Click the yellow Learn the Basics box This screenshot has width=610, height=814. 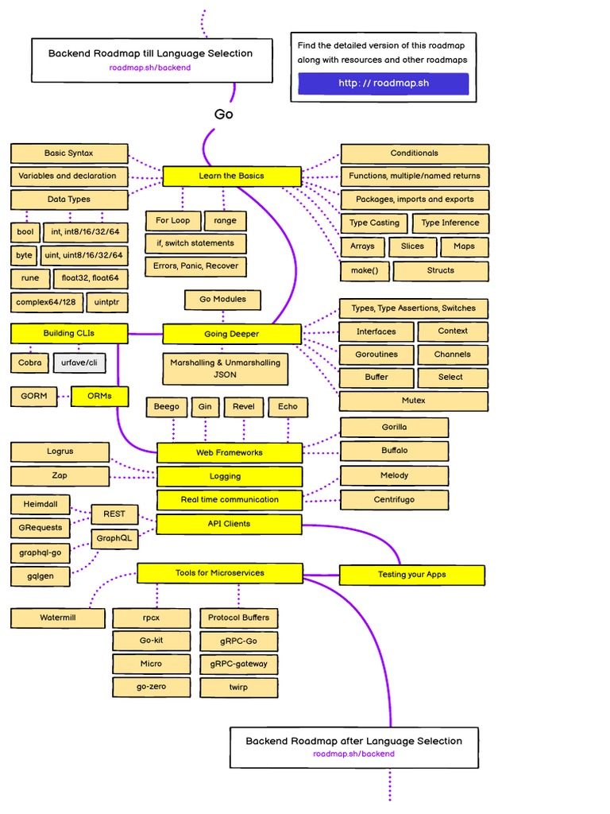[x=232, y=176]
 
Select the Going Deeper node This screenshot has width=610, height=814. [x=232, y=334]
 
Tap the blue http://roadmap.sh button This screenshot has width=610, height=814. [x=384, y=83]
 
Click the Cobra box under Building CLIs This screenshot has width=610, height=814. [x=30, y=362]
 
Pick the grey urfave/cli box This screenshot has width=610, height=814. [x=79, y=362]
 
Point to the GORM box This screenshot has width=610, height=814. [x=34, y=396]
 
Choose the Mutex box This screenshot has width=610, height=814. [x=414, y=401]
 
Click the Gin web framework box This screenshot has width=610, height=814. [x=205, y=407]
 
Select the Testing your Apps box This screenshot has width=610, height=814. [x=411, y=575]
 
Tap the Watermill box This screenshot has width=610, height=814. [x=58, y=618]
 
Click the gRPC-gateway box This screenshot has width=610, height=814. [x=239, y=664]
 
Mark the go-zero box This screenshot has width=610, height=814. [x=151, y=687]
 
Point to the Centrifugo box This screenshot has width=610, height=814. [x=394, y=500]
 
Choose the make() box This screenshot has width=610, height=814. [x=364, y=270]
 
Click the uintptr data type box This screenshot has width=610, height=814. [x=106, y=303]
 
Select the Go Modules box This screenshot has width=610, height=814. [x=222, y=300]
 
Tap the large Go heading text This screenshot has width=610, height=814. [x=224, y=114]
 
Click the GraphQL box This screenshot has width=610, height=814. [x=114, y=539]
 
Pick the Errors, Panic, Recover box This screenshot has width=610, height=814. [x=195, y=266]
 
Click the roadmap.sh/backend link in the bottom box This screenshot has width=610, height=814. [x=353, y=754]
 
